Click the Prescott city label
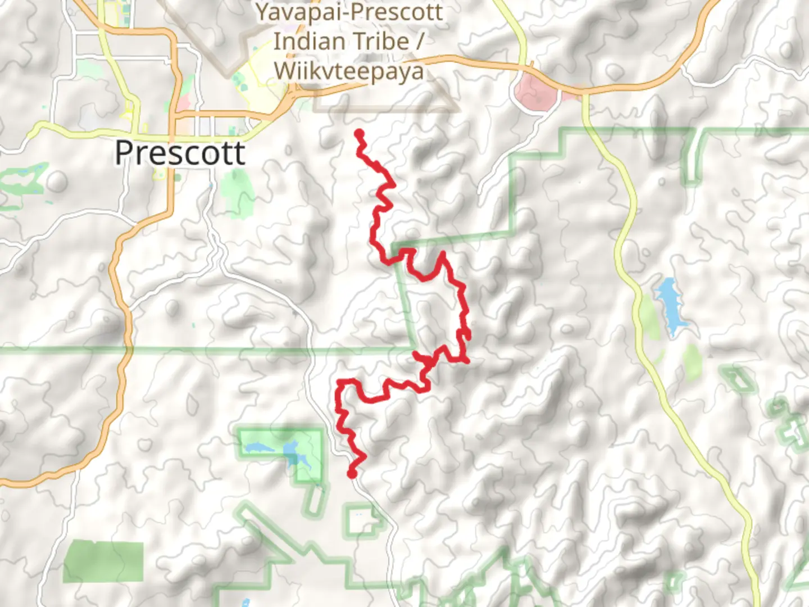coord(180,153)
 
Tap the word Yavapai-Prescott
coord(349,12)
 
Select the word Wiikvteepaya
coord(349,72)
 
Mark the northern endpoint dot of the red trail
coord(359,133)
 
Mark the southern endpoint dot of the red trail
coord(352,474)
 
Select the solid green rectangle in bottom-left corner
coord(103,561)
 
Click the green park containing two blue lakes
coord(281,452)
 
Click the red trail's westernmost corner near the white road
coord(338,385)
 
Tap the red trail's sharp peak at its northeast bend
coord(443,254)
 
